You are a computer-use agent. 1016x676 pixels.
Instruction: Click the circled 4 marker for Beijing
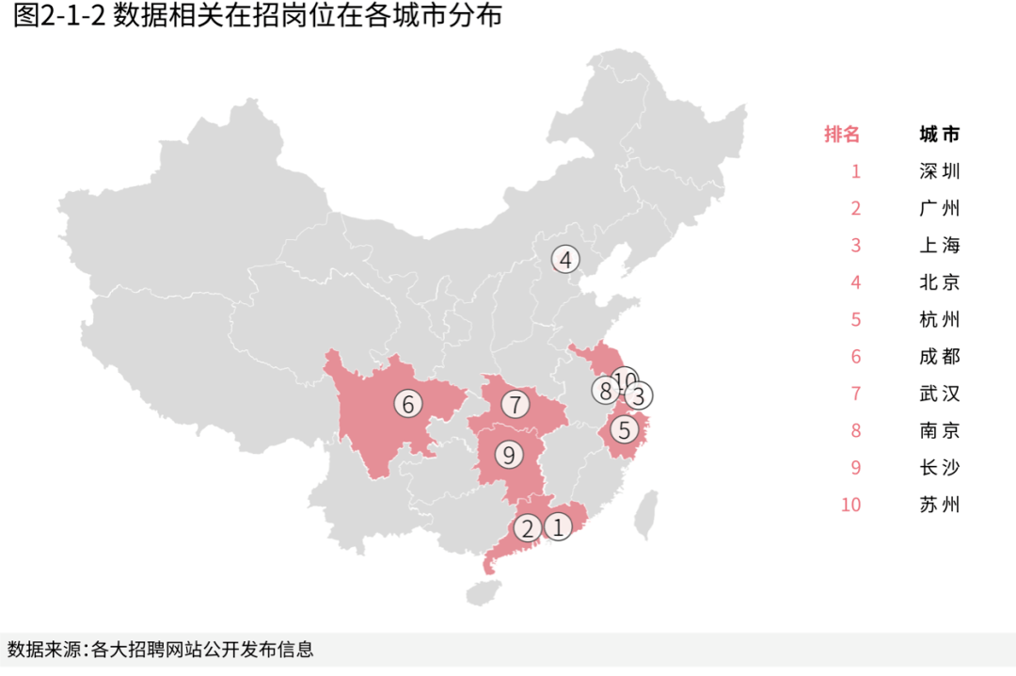click(565, 260)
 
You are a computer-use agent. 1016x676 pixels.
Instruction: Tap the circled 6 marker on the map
click(408, 404)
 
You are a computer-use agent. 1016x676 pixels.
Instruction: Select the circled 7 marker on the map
click(515, 405)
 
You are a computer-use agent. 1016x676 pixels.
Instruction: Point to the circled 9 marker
click(509, 456)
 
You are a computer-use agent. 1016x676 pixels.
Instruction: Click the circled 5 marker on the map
click(625, 430)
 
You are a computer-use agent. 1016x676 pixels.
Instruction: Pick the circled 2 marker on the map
click(528, 528)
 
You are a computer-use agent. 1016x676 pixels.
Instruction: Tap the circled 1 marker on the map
click(559, 527)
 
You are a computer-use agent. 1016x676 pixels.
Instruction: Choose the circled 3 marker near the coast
click(639, 396)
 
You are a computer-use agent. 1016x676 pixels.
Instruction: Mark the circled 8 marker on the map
click(606, 389)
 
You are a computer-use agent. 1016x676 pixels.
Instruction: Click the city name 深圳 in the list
click(940, 171)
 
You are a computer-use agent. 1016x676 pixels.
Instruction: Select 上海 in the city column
click(940, 246)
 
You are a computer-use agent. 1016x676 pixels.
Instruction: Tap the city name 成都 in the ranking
click(940, 357)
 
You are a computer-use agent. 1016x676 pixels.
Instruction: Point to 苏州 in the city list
click(940, 505)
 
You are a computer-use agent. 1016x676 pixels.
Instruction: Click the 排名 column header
click(842, 134)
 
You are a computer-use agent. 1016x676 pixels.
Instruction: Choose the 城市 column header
click(940, 134)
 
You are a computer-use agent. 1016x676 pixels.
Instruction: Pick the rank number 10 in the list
click(850, 505)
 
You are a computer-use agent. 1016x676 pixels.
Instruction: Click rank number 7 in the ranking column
click(856, 394)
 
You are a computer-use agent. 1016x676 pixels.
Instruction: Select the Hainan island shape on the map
click(484, 591)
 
